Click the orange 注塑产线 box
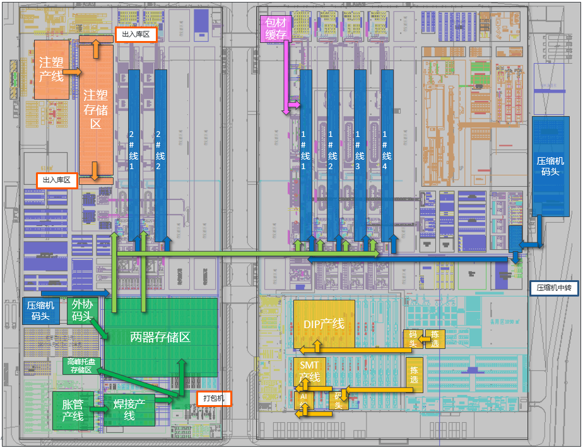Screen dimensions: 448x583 50,69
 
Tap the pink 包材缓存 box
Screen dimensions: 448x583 276,28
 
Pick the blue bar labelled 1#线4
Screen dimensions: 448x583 386,151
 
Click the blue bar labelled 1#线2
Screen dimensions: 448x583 333,151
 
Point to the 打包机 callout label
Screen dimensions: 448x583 214,398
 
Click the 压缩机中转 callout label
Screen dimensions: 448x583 553,288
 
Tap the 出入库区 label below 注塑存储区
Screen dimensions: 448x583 56,180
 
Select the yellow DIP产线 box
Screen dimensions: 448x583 324,324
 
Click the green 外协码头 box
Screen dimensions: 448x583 82,310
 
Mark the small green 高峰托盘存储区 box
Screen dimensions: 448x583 81,366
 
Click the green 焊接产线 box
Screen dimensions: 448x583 129,410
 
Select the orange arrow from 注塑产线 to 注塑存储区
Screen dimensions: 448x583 72,73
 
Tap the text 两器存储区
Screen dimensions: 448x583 160,337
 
